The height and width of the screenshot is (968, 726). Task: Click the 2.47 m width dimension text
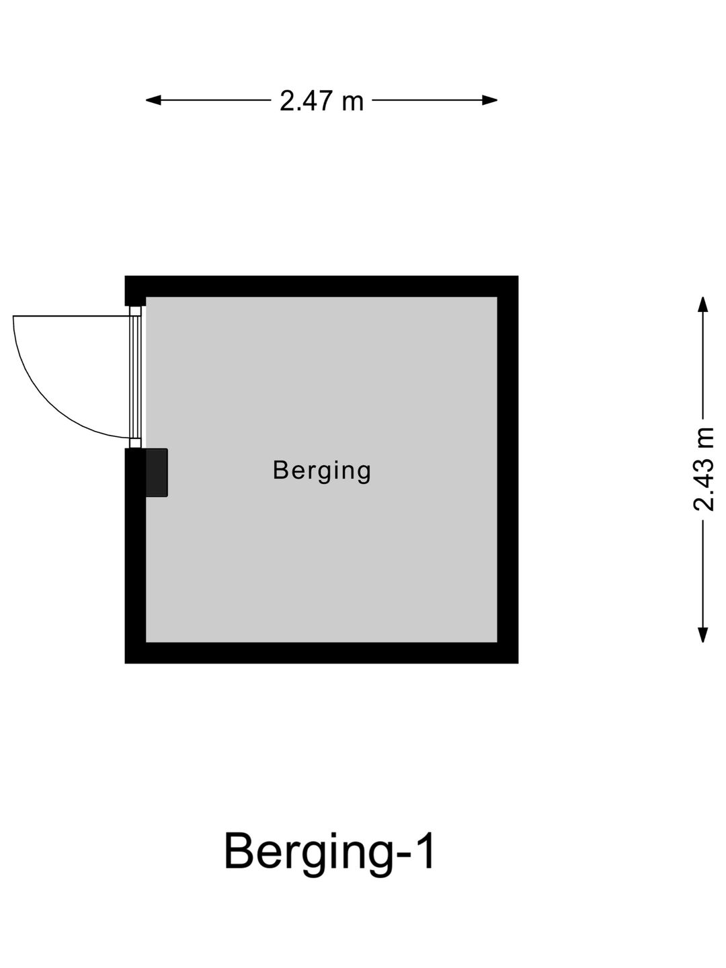321,101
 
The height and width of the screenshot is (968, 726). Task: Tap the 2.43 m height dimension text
703,469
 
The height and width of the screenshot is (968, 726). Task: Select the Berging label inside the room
322,471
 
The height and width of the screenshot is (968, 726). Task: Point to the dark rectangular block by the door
157,473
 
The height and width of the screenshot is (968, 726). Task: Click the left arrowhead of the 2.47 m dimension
153,101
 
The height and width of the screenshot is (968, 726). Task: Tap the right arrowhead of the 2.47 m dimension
490,101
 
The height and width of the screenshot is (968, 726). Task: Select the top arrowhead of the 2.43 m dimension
703,305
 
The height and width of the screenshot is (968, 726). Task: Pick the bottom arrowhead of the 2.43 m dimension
703,635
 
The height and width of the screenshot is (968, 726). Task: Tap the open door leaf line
71,316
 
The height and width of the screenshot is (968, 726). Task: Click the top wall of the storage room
321,286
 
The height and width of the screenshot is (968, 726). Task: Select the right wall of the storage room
508,469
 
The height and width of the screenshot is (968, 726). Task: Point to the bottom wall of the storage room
321,653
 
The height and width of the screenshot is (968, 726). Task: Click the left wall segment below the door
135,556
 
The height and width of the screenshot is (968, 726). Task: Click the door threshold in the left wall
136,377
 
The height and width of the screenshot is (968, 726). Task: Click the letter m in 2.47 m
352,104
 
